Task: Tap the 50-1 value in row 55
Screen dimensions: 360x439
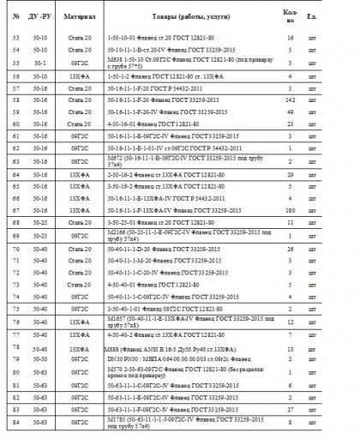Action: [x=39, y=63]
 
